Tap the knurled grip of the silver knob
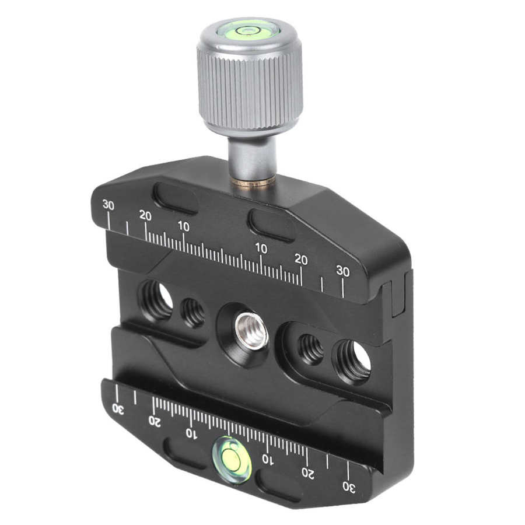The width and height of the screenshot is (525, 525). point(250,87)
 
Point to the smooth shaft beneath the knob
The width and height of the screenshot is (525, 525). point(251,157)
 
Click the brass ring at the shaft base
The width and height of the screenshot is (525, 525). point(253,183)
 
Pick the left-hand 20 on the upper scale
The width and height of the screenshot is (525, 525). point(145,215)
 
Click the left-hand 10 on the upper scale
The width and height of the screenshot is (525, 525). point(184,226)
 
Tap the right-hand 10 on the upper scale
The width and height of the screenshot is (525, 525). point(261,249)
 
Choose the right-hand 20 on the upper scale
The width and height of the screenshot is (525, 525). point(301,260)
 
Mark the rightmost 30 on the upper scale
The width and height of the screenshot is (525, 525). point(343,271)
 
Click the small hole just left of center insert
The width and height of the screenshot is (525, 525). point(193,313)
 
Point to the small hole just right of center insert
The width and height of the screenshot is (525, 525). point(311,349)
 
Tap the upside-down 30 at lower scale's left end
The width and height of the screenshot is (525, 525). point(118,409)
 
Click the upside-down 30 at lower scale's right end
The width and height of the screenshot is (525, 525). point(348,486)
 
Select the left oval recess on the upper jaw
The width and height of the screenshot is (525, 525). point(175,198)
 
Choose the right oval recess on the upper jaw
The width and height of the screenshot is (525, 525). point(271,225)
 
